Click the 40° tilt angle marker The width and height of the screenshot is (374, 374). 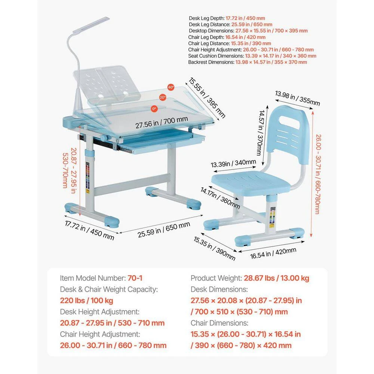click(171, 87)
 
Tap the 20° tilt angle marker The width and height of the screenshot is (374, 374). click(162, 97)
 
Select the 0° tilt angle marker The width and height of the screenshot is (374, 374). click(154, 108)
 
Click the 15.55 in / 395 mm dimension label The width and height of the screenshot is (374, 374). click(207, 98)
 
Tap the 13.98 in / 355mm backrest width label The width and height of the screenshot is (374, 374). click(298, 98)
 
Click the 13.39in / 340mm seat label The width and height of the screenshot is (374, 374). click(233, 163)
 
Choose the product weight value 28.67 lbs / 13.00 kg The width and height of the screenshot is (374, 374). click(276, 278)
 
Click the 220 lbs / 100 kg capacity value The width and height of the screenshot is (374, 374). click(86, 300)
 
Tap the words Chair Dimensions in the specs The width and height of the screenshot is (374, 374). click(219, 323)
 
